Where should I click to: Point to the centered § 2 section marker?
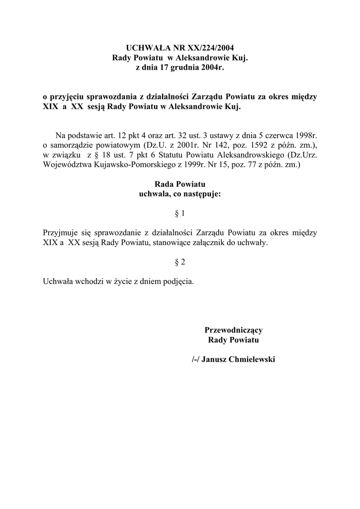(180, 261)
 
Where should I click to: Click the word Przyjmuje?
(61, 233)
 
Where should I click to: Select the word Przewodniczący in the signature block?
(233, 330)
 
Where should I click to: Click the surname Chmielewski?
(251, 359)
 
